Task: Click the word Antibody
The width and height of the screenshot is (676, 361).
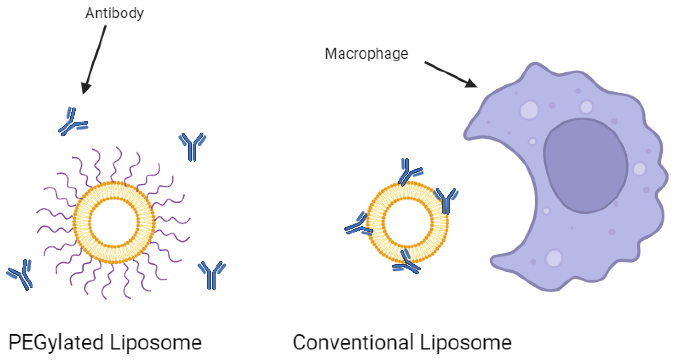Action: click(114, 13)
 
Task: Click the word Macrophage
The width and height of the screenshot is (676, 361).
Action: click(366, 54)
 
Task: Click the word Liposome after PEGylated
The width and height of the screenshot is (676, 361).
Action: click(156, 342)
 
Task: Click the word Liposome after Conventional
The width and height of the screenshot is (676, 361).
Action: click(466, 342)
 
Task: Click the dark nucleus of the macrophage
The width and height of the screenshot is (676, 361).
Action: click(585, 165)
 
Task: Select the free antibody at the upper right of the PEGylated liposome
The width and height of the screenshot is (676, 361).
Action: click(192, 146)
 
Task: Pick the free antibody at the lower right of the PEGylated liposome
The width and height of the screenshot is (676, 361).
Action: click(211, 274)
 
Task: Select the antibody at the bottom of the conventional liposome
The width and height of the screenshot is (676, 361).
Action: click(406, 262)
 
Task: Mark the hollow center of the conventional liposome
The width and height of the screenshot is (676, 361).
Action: click(407, 222)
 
